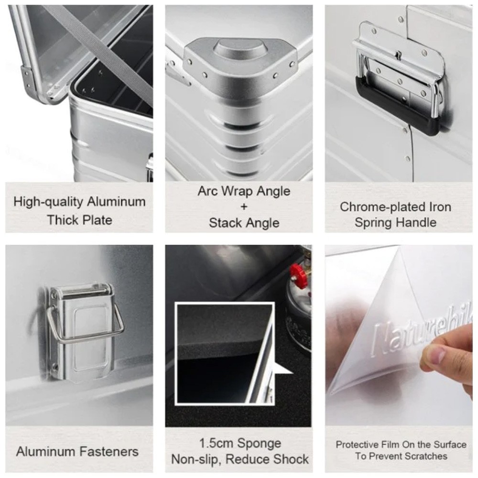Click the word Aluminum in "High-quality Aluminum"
coord(116,202)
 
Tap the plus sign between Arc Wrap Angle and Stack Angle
coord(244,206)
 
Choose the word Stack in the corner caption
coord(226,223)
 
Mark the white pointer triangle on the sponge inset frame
coord(283,368)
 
